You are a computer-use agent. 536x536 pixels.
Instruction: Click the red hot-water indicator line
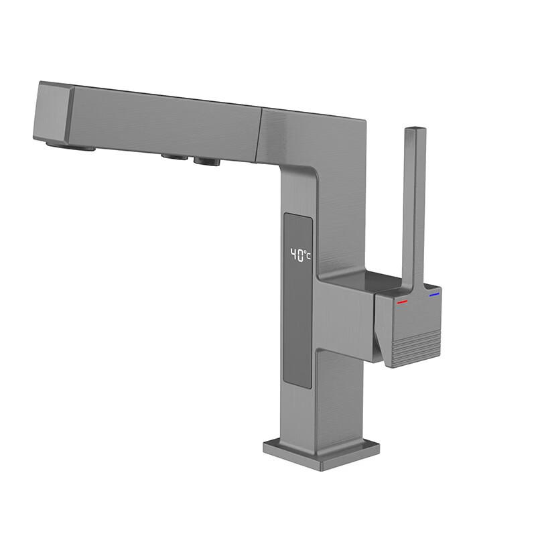(402, 301)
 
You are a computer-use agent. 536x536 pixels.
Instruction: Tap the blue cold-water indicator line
(434, 294)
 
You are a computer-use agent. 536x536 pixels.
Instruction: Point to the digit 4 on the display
(293, 255)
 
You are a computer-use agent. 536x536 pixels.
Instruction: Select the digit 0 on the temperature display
(301, 255)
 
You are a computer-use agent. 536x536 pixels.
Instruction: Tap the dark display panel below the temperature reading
(298, 328)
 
